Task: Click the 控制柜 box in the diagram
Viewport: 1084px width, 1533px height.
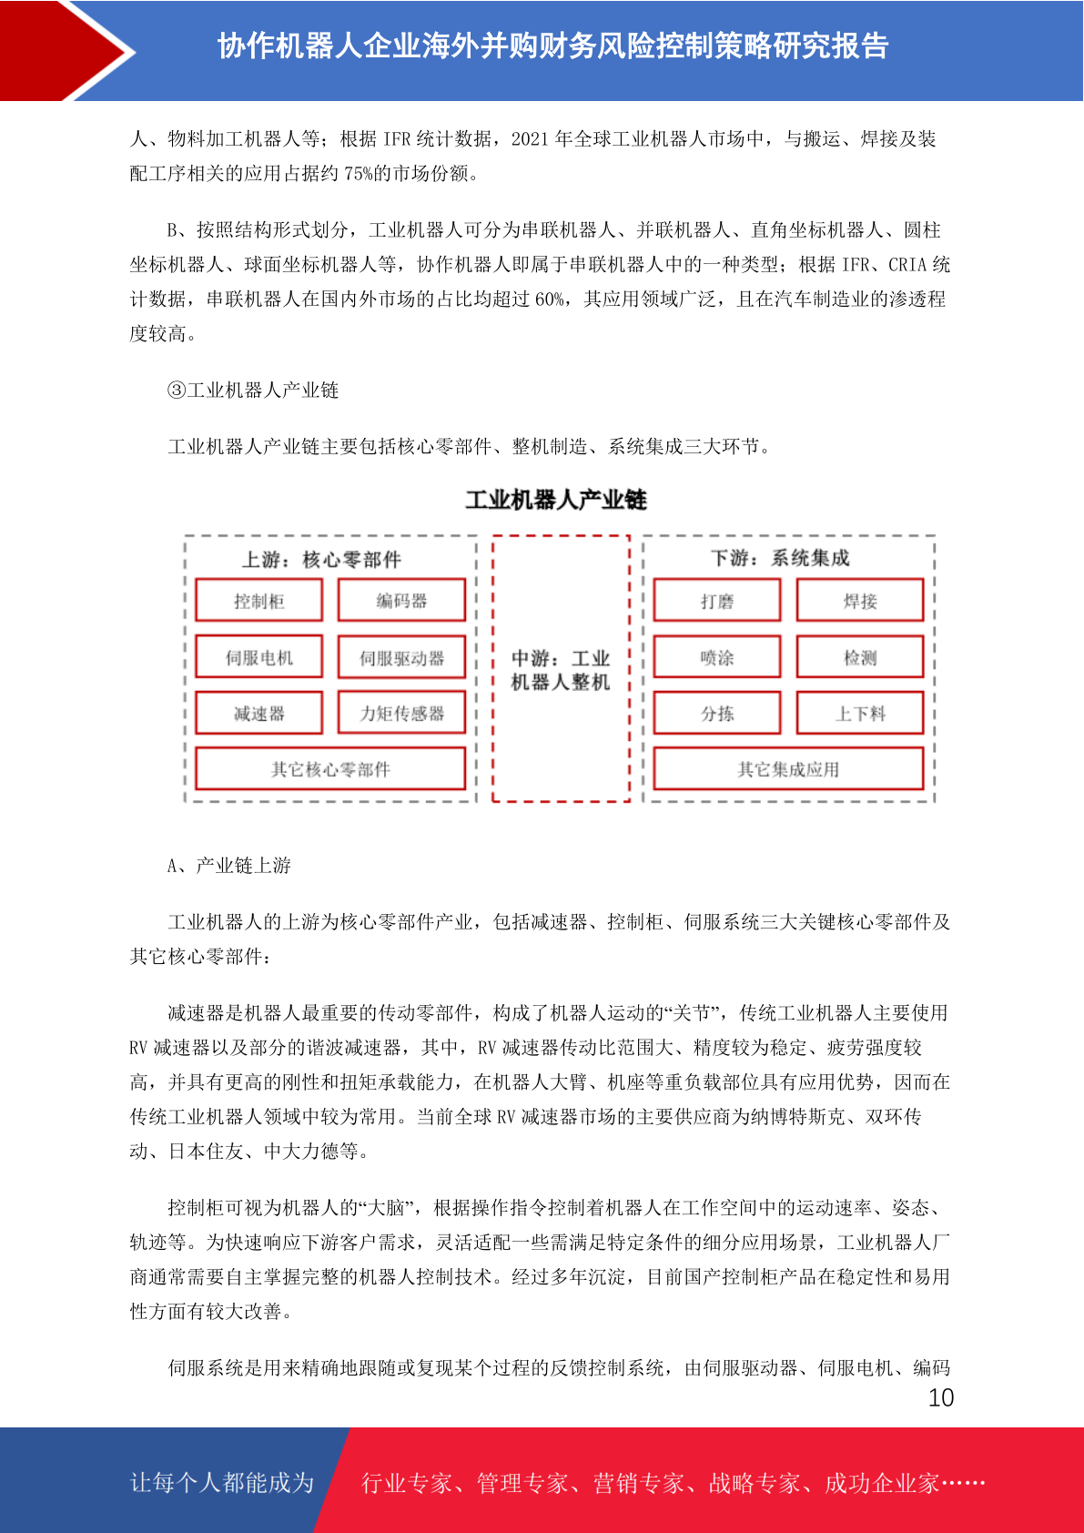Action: point(259,601)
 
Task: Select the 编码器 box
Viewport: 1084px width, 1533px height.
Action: point(401,601)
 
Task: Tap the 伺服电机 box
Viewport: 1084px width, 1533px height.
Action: point(259,657)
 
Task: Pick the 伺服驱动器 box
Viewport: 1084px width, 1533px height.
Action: point(401,657)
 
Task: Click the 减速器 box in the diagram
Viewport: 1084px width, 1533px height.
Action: point(259,714)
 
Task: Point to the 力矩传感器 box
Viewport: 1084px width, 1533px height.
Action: point(401,714)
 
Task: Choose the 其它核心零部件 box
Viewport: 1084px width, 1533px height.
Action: point(330,769)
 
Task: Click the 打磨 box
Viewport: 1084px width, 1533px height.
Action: point(717,601)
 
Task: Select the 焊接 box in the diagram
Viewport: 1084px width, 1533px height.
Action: point(860,601)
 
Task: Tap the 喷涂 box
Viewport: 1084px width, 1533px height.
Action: point(717,657)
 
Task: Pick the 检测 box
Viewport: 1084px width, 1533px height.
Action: point(860,657)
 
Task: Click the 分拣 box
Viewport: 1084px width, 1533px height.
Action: point(717,714)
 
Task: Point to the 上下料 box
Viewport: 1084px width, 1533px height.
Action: point(860,714)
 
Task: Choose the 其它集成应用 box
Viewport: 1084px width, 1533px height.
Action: point(788,769)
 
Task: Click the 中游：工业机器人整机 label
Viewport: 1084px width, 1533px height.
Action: point(561,670)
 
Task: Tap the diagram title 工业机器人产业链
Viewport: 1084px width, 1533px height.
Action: point(556,500)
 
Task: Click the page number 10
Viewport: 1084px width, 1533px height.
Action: point(940,1398)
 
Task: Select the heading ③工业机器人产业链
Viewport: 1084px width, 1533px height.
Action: point(253,391)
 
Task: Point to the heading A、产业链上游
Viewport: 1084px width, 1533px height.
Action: point(228,866)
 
